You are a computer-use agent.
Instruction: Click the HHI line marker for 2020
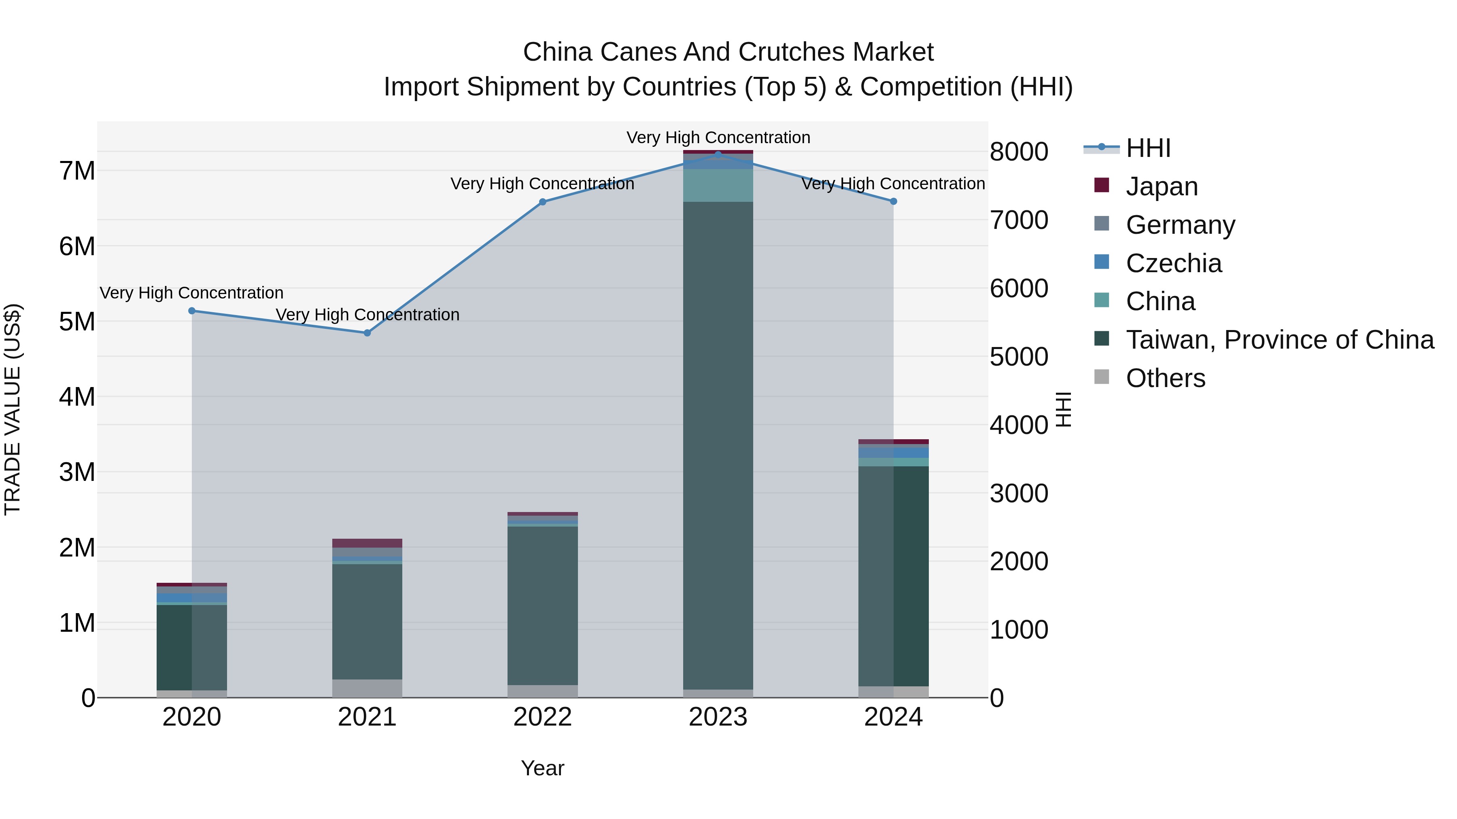pos(192,311)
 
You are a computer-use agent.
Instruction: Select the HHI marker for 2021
pos(367,333)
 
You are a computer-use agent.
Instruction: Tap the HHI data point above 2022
pos(542,202)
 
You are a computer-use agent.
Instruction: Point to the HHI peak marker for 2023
pos(718,154)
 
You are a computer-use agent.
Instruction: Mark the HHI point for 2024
pos(894,201)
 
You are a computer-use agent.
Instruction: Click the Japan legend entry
pos(1161,186)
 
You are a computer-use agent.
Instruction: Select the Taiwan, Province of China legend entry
pos(1279,340)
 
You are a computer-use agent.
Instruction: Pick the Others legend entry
pos(1165,378)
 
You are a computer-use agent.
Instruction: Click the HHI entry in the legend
pos(1148,148)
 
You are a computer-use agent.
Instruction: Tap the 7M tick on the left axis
pos(77,171)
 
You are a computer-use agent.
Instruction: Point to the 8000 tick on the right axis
pos(1019,152)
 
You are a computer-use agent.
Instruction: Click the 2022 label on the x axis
pos(542,717)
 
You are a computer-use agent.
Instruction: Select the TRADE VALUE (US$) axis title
pos(13,409)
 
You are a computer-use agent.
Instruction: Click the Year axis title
pos(542,768)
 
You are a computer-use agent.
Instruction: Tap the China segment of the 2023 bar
pos(718,185)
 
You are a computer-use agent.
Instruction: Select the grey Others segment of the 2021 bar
pos(367,688)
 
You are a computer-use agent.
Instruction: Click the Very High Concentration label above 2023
pos(718,138)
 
